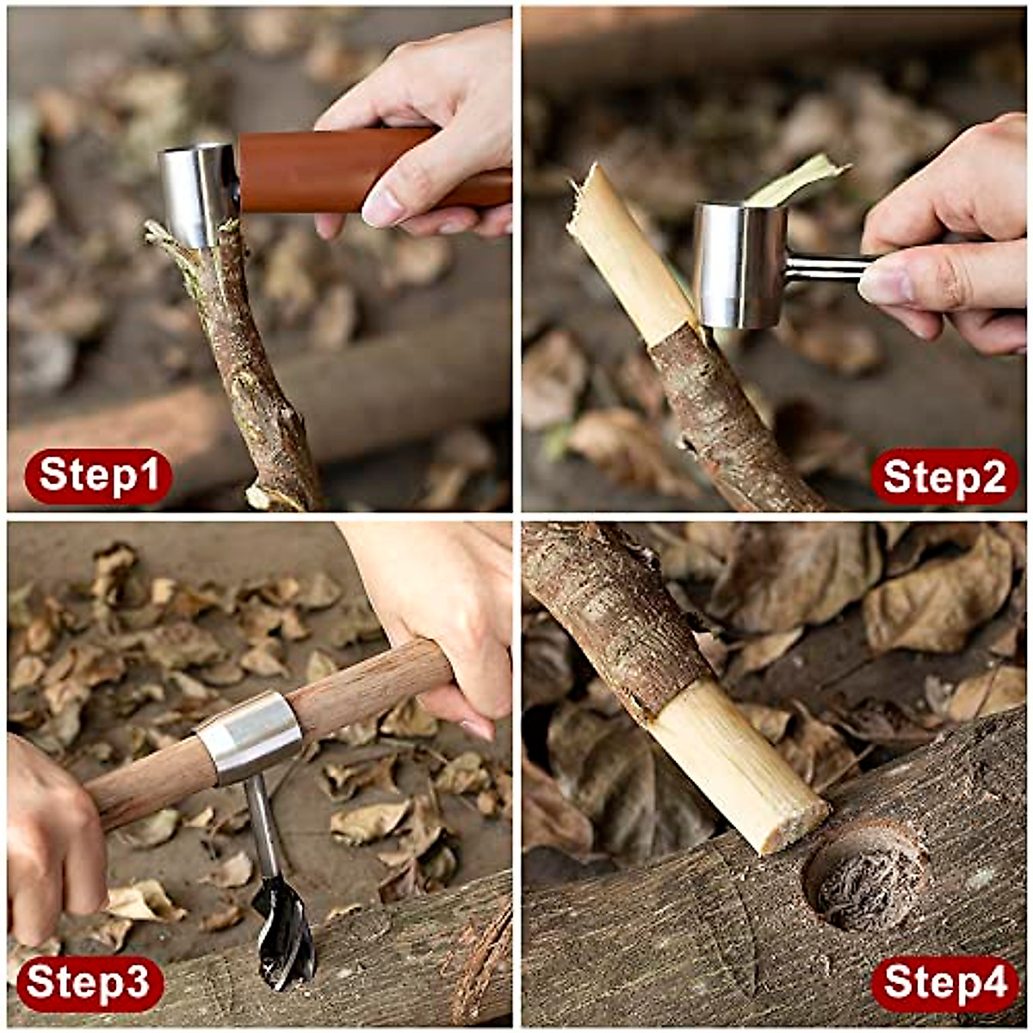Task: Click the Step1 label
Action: pos(98,476)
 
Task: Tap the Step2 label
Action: pos(944,476)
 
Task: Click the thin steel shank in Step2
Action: pos(826,269)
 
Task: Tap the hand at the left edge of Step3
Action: pos(52,835)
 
